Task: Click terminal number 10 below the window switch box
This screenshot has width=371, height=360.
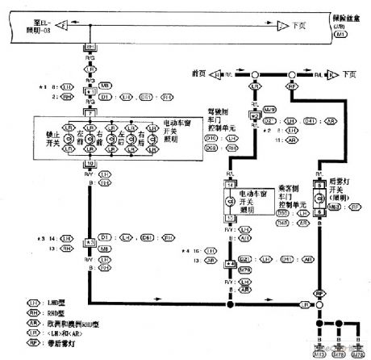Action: pos(88,162)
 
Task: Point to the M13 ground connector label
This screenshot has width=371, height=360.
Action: pos(320,353)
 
